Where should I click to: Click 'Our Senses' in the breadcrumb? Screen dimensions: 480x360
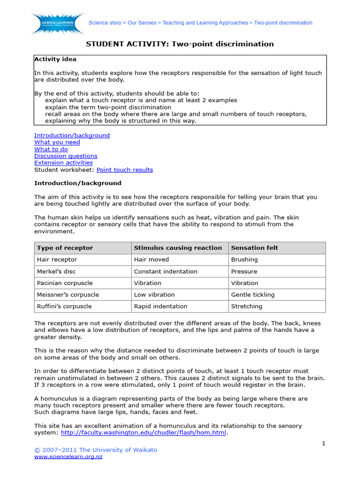tap(141, 22)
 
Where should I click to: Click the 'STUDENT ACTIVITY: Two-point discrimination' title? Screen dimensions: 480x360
tap(180, 44)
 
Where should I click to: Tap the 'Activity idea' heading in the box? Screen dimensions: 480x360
tap(55, 59)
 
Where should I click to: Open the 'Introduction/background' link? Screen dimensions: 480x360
tap(72, 135)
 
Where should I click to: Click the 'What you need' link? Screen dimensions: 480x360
tap(57, 142)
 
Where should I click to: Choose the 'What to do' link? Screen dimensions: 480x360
tap(51, 149)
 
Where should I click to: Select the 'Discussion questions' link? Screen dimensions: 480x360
tap(66, 156)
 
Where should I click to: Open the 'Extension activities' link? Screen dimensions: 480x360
tap(63, 163)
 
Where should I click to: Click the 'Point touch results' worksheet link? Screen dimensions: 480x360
tap(125, 170)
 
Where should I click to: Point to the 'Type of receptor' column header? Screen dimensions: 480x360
tap(65, 248)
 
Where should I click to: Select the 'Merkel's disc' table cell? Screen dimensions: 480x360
tap(56, 271)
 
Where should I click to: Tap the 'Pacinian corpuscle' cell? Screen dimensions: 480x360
tap(64, 283)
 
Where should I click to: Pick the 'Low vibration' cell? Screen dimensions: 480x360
tap(154, 295)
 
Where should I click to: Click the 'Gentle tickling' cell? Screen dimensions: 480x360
tap(253, 295)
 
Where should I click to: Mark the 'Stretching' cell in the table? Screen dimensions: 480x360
tap(247, 307)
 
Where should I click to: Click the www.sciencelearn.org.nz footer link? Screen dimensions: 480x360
tap(68, 457)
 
